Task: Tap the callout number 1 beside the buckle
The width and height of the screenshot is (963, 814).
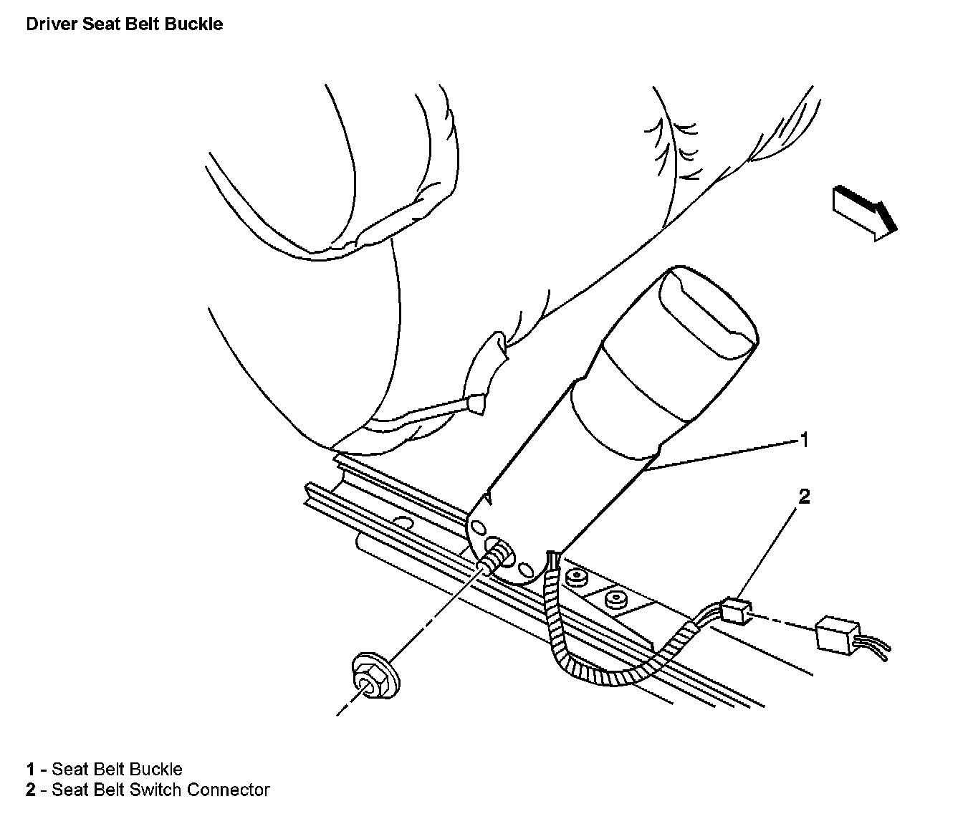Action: point(804,439)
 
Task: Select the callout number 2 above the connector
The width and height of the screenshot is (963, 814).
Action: point(804,497)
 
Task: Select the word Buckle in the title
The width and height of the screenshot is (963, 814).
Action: point(197,24)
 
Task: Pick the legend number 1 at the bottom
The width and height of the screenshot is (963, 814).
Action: point(31,770)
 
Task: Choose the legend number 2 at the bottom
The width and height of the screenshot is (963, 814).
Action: point(31,790)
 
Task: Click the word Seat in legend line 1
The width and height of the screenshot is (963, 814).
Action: point(68,770)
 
